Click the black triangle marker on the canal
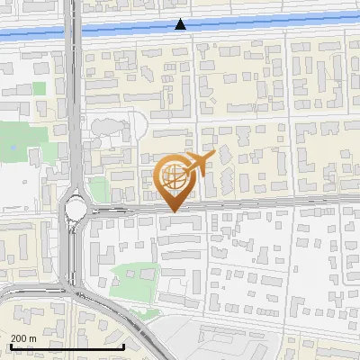point(181,24)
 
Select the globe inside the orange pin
point(171,176)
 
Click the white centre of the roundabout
point(74,211)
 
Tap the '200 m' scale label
point(23,337)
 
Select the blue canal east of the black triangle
point(270,25)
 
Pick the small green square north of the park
point(39,88)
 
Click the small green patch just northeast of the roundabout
point(98,188)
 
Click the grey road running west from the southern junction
point(27,292)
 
